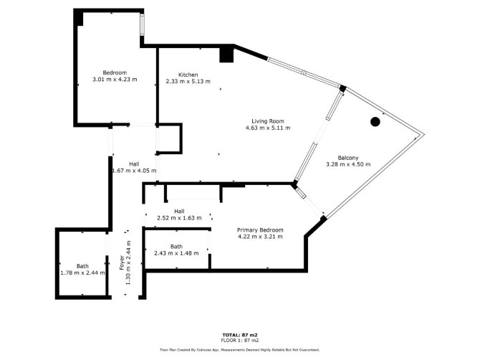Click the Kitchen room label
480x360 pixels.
[x=188, y=75]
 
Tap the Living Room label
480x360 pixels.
[x=268, y=121]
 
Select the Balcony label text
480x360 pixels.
[x=348, y=158]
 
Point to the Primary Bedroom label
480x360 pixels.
[x=260, y=230]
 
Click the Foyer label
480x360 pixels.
[x=122, y=262]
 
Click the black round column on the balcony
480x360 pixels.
[x=375, y=122]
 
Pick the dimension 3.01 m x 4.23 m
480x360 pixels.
[x=115, y=80]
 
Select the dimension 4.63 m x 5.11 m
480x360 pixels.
[x=268, y=128]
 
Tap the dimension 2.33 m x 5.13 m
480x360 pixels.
[x=188, y=82]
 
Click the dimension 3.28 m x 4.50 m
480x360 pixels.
[x=348, y=164]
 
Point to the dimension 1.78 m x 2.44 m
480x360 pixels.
[x=82, y=273]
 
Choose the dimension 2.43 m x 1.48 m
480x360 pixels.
[x=176, y=253]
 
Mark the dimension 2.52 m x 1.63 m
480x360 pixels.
[x=179, y=218]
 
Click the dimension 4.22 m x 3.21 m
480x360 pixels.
[x=260, y=237]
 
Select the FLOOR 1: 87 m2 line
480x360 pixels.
[x=240, y=341]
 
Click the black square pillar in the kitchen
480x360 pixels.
[x=226, y=55]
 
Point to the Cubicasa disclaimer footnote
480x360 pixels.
[x=240, y=350]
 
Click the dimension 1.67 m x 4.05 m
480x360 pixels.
[x=135, y=171]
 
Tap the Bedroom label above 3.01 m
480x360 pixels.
[x=115, y=73]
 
